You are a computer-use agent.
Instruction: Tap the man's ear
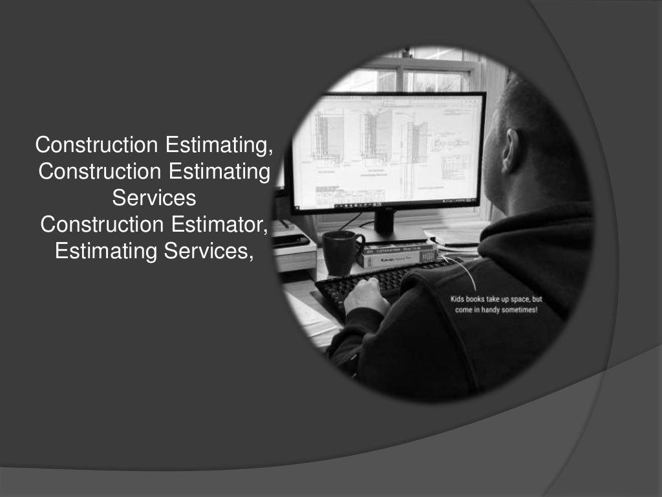[511, 151]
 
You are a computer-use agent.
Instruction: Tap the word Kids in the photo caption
[459, 300]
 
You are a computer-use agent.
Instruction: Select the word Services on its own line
[154, 197]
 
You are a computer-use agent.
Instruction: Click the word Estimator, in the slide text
[220, 224]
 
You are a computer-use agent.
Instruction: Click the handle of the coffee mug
[358, 247]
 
